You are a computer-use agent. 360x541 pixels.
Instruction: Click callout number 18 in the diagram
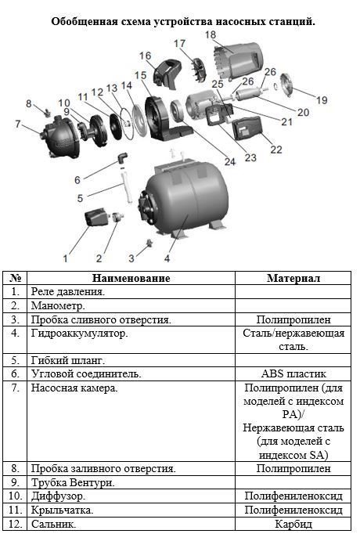pyautogui.click(x=211, y=35)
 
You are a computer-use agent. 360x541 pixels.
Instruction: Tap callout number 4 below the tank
pyautogui.click(x=167, y=258)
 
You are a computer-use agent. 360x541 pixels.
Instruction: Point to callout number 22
pyautogui.click(x=275, y=150)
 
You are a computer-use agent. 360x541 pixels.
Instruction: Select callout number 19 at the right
pyautogui.click(x=322, y=100)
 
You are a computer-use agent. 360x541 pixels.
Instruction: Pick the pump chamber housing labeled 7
pyautogui.click(x=59, y=137)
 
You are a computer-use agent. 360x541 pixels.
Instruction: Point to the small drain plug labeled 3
pyautogui.click(x=149, y=243)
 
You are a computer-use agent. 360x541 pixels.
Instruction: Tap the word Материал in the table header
pyautogui.click(x=293, y=278)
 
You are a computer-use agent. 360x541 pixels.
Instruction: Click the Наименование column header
pyautogui.click(x=131, y=278)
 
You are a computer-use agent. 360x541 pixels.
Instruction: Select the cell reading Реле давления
pyautogui.click(x=68, y=292)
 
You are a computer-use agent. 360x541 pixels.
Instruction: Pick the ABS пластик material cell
pyautogui.click(x=293, y=374)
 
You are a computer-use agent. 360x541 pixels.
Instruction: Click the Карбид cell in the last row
pyautogui.click(x=293, y=524)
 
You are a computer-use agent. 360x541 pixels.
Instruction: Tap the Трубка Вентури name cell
pyautogui.click(x=73, y=482)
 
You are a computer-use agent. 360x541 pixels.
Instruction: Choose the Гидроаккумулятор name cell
pyautogui.click(x=79, y=334)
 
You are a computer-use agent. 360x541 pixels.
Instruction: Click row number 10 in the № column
pyautogui.click(x=15, y=496)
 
